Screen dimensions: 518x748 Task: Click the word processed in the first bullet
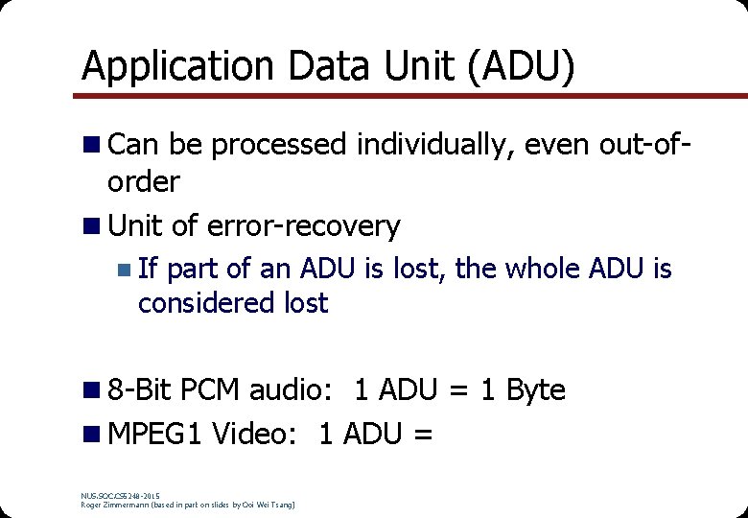click(x=278, y=146)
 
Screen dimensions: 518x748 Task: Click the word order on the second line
click(x=144, y=181)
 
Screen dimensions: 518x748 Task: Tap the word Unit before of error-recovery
click(x=137, y=227)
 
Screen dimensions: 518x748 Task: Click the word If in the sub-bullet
click(x=148, y=270)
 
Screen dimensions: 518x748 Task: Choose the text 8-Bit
click(x=141, y=391)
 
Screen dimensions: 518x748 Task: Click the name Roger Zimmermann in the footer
click(x=120, y=504)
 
